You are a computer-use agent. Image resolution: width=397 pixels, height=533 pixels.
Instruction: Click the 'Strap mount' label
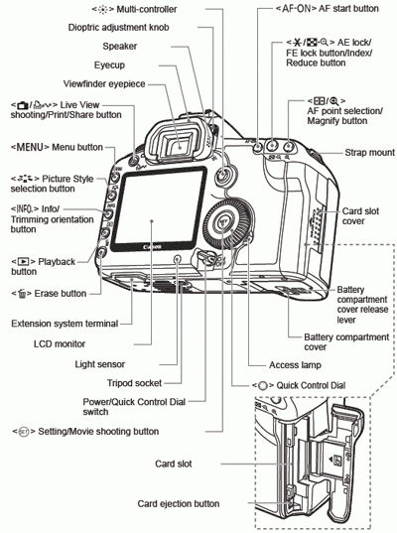coord(366,154)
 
